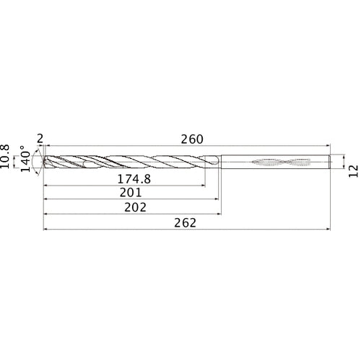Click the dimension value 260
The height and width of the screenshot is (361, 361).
[x=191, y=139]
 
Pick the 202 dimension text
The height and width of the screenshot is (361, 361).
[x=136, y=207]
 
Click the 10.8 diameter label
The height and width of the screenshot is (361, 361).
[x=8, y=156]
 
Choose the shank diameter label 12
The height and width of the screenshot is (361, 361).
[x=353, y=165]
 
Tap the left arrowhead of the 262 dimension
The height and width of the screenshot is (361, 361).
[x=47, y=230]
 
